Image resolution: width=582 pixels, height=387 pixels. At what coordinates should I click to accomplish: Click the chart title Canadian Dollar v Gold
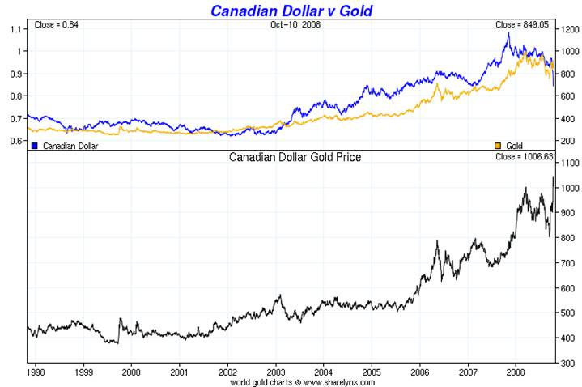point(292,11)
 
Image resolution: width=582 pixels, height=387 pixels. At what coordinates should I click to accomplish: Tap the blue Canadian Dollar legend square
point(35,146)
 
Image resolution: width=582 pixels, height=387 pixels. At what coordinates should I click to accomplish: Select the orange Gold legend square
point(499,146)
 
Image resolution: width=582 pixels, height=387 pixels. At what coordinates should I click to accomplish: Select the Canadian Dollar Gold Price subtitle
point(295,157)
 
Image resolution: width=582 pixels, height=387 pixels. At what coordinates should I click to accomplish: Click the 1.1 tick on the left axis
point(16,29)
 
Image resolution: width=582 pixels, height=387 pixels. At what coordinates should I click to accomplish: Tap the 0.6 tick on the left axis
point(16,141)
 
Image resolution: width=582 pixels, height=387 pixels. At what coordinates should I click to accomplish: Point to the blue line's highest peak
point(508,33)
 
